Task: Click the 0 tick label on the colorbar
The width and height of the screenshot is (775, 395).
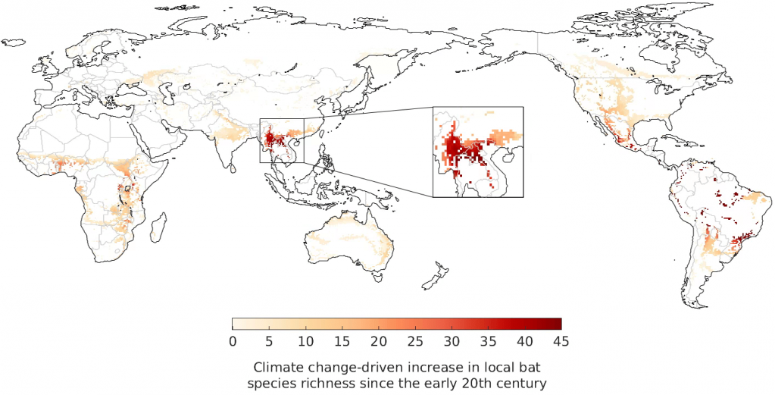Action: tap(233, 341)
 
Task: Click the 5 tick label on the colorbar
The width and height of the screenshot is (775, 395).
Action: tap(269, 341)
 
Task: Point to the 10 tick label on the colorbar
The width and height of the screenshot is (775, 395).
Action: tap(305, 341)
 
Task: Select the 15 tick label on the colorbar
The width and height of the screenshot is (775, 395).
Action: tap(342, 341)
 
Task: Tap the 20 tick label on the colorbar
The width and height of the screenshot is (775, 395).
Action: tap(379, 341)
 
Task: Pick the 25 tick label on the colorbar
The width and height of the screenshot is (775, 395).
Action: tap(415, 341)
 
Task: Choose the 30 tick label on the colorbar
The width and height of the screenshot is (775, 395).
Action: tap(452, 341)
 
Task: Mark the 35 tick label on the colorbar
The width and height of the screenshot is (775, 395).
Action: tap(489, 341)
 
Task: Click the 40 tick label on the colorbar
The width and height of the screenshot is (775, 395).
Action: tap(525, 341)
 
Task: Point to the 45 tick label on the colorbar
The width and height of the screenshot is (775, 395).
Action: tap(561, 341)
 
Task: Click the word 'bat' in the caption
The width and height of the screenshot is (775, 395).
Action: tap(520, 368)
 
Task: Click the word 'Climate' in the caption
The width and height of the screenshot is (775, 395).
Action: tap(275, 368)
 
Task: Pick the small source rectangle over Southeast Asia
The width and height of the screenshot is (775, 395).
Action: tap(282, 140)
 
